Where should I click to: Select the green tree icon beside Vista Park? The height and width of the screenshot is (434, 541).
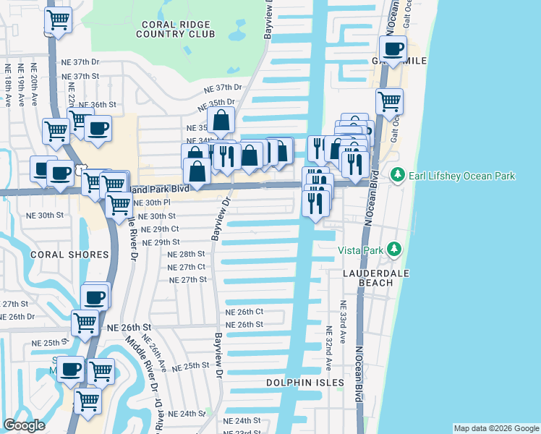click(x=394, y=250)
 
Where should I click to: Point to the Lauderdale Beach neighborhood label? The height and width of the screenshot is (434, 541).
click(x=368, y=278)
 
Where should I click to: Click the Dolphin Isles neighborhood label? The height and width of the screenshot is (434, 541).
click(x=304, y=383)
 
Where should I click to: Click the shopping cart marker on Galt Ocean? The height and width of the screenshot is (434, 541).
click(x=389, y=101)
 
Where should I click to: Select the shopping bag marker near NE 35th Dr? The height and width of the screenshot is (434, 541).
click(x=221, y=120)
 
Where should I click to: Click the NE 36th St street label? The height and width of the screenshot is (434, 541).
click(x=97, y=105)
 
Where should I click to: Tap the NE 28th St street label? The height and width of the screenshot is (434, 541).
click(x=187, y=255)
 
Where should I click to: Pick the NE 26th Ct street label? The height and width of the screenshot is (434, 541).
click(x=244, y=312)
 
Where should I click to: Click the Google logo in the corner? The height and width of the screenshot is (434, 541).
click(x=25, y=425)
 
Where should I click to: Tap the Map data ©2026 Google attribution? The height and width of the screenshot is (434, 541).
click(x=495, y=428)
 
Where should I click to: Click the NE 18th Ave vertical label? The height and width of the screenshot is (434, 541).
click(x=8, y=85)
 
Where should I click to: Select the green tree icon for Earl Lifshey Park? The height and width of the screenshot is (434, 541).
click(x=396, y=175)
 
